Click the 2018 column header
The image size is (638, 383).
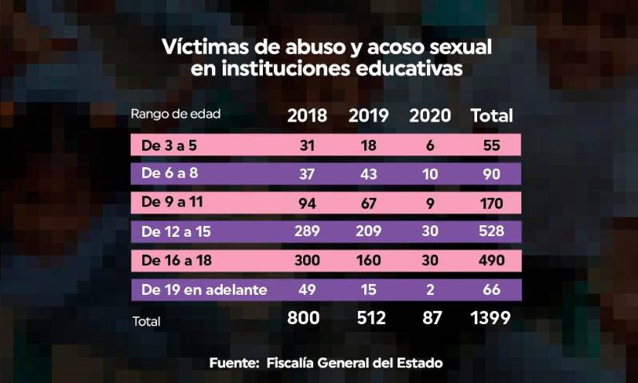click(307, 116)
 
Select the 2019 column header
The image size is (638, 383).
click(369, 116)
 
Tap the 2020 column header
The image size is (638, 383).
click(430, 116)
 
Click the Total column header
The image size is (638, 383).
click(492, 116)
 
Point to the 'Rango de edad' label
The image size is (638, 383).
click(176, 114)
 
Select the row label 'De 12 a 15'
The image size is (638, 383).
click(171, 231)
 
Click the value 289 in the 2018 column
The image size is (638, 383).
click(307, 231)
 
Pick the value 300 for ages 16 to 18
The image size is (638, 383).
click(307, 261)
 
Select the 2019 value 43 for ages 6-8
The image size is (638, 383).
click(369, 173)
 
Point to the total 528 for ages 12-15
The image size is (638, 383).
click(492, 231)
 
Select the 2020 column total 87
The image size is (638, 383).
click(430, 318)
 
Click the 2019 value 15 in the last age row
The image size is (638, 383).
click(369, 290)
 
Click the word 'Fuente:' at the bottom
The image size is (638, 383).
click(235, 362)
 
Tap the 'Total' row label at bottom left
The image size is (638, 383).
click(146, 321)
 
